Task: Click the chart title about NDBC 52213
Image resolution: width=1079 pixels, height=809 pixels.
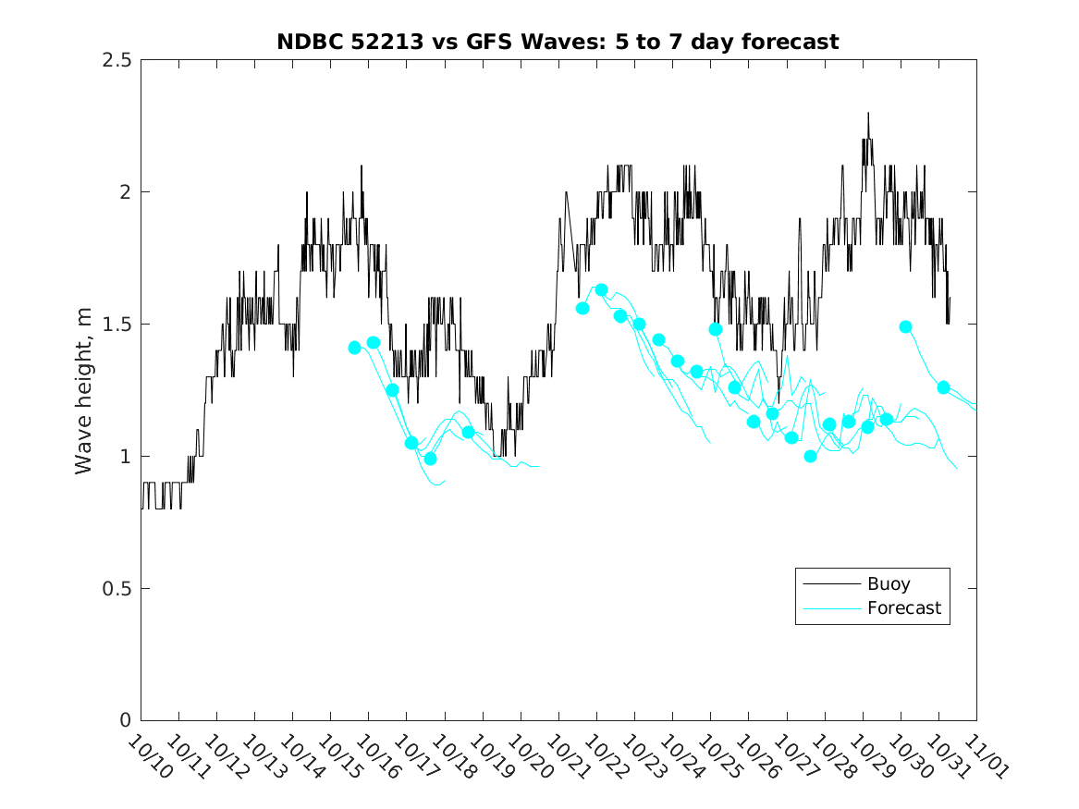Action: coord(558,42)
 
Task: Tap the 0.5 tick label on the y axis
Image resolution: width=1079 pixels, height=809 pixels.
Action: coord(117,589)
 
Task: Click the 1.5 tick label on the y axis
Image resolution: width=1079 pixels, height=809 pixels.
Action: coord(117,325)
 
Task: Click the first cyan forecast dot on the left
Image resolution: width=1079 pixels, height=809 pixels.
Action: coord(354,348)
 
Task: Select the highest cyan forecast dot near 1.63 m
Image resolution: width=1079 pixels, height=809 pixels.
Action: coord(601,289)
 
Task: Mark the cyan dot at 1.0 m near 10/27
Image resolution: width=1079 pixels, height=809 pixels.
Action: coord(811,456)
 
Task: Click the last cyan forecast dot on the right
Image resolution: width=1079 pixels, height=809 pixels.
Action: coord(943,387)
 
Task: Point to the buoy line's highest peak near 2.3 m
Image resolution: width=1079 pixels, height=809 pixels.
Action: coord(868,113)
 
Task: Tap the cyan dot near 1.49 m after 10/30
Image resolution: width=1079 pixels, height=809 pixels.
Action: coord(905,326)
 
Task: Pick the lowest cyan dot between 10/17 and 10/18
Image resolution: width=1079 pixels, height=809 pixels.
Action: coord(430,459)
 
